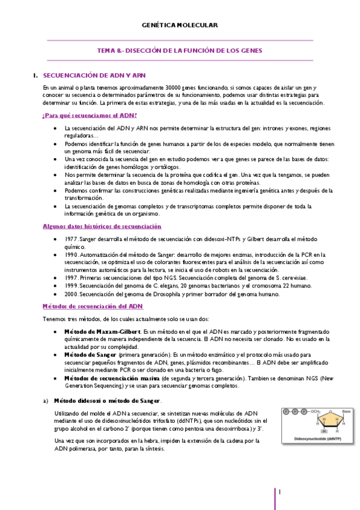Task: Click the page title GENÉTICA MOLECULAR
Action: [179, 25]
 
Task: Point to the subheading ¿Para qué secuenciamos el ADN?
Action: [90, 115]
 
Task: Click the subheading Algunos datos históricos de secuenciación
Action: [102, 226]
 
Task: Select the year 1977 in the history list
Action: [71, 239]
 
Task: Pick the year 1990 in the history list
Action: [71, 254]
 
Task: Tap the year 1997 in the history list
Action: [71, 278]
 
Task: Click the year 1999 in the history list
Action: [71, 286]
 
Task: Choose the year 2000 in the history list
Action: [71, 294]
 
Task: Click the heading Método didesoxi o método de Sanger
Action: [108, 401]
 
